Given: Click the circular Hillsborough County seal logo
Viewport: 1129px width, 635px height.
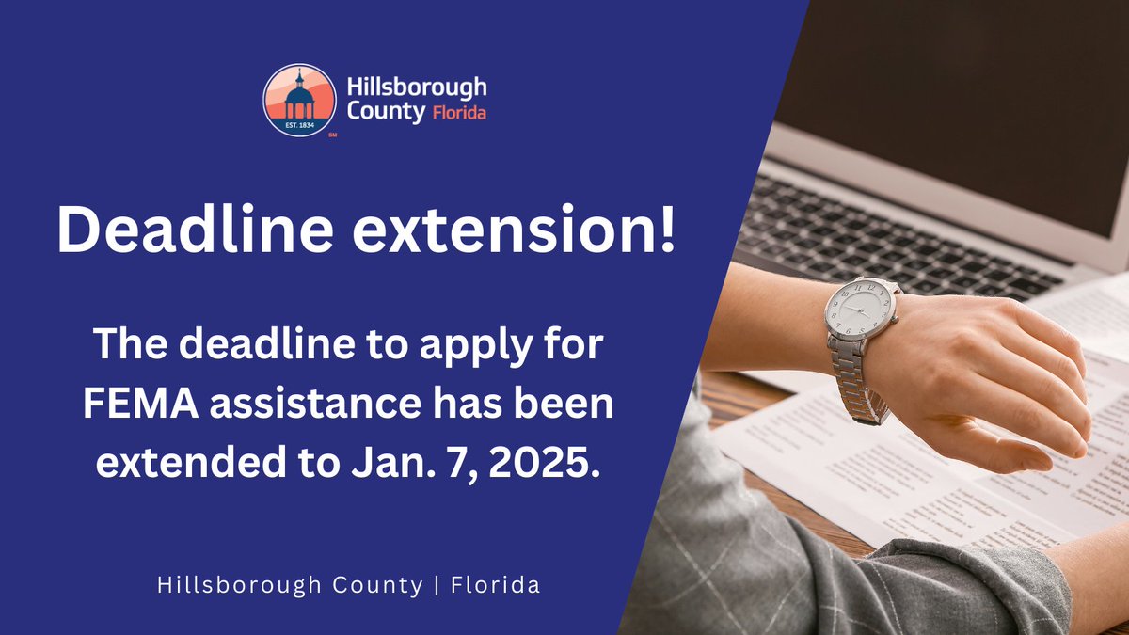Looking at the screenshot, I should tap(299, 101).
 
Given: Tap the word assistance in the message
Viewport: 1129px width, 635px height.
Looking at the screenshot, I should tap(305, 405).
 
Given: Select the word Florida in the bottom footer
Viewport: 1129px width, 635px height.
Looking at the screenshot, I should tap(496, 585).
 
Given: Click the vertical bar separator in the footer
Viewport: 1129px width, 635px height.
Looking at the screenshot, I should tap(437, 585).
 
